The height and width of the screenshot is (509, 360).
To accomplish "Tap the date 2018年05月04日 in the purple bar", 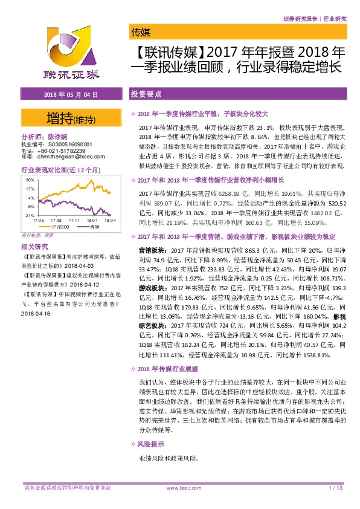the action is click(71, 95).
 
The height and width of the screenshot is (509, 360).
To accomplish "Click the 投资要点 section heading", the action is click(146, 95).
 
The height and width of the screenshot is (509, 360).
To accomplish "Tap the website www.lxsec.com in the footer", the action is click(182, 487).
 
